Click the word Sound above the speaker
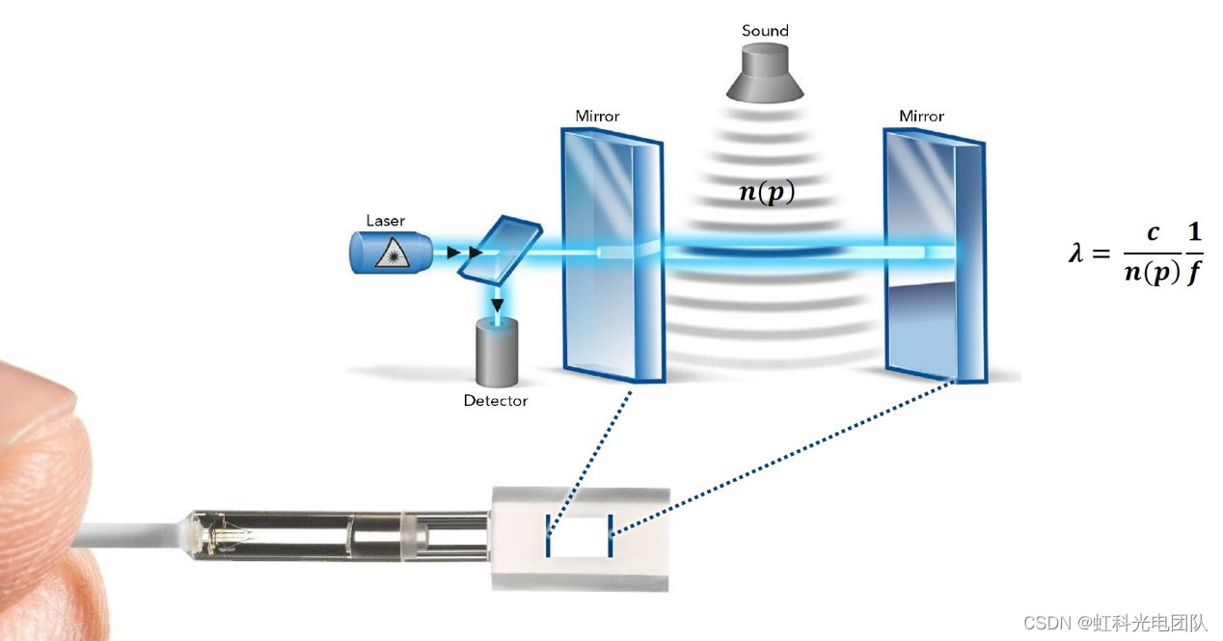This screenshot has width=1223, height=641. (x=765, y=31)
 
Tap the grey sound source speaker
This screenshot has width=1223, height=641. (x=765, y=76)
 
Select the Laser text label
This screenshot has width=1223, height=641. (x=385, y=221)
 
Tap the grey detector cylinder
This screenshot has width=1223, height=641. (x=498, y=353)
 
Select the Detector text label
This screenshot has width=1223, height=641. (x=496, y=401)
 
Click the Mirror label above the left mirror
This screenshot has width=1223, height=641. (x=597, y=117)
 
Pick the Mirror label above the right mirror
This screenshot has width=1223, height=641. (x=921, y=117)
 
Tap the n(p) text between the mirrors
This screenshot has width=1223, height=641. (x=767, y=192)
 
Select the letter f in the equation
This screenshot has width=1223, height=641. (x=1194, y=275)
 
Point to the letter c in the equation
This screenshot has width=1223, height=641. (x=1153, y=234)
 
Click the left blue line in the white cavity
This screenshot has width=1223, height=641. (x=549, y=537)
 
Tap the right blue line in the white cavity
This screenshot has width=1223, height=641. (x=610, y=537)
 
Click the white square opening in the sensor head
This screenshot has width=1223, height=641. (x=579, y=537)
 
